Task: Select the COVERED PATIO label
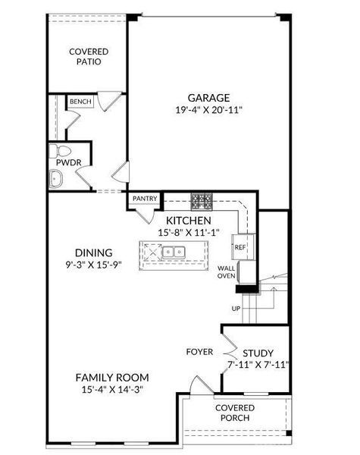pyautogui.click(x=89, y=56)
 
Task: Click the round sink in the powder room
pyautogui.click(x=55, y=179)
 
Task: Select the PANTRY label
pyautogui.click(x=145, y=199)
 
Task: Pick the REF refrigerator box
pyautogui.click(x=239, y=247)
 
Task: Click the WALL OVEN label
pyautogui.click(x=227, y=272)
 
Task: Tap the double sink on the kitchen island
pyautogui.click(x=175, y=252)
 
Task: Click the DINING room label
pyautogui.click(x=93, y=253)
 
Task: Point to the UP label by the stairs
pyautogui.click(x=236, y=308)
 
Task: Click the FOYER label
pyautogui.click(x=200, y=352)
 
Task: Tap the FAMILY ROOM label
pyautogui.click(x=111, y=377)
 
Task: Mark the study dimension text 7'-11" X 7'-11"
pyautogui.click(x=257, y=365)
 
